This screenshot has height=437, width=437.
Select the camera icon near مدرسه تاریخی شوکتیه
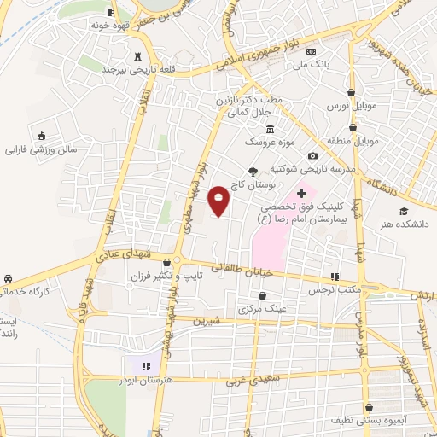313,155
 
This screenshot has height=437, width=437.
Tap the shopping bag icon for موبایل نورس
352,93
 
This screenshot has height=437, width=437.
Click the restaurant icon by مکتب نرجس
335,277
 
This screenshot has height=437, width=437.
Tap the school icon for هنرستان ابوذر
130,364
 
